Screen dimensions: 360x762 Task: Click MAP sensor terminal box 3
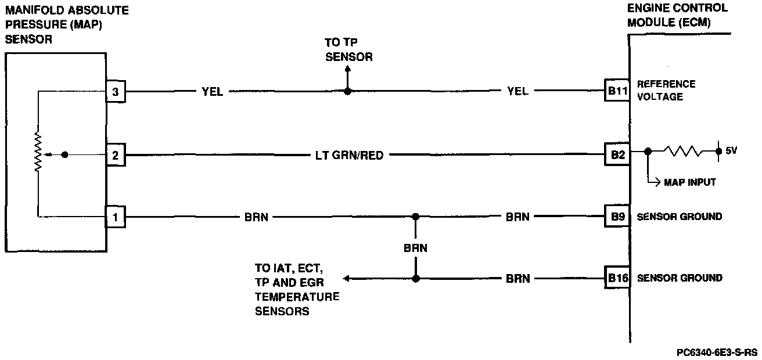pos(115,91)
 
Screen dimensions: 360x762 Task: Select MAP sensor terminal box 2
pos(115,155)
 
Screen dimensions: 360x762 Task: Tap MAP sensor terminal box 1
pos(115,218)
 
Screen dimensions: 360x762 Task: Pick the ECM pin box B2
pos(616,155)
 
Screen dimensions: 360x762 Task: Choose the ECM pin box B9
pos(616,217)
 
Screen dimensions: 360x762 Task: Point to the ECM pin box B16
pos(616,278)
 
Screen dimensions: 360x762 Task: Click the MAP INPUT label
pos(690,182)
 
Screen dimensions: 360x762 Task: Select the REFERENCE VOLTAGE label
pos(666,91)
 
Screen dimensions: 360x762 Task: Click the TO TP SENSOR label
pos(348,50)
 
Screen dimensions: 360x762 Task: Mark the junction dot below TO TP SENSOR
pos(347,91)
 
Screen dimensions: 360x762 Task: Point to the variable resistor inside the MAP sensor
pos(39,153)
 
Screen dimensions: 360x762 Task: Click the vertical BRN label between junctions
pos(415,248)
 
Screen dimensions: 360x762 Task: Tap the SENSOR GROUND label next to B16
pos(680,278)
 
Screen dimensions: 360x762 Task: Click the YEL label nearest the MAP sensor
pos(212,91)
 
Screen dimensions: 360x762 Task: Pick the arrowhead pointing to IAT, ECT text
pos(347,279)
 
